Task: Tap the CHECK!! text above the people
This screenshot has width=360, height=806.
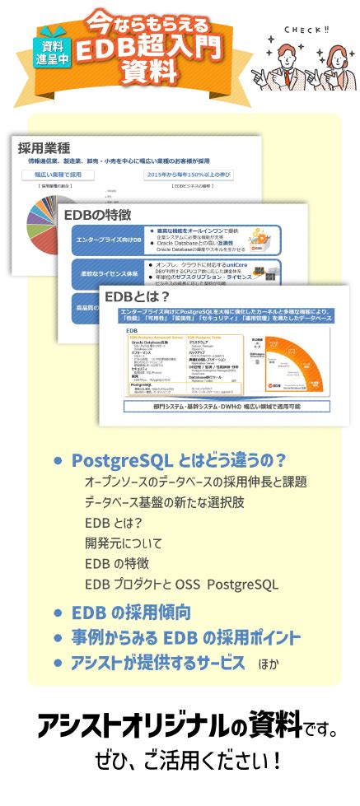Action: (x=306, y=30)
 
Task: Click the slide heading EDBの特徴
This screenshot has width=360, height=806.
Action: (x=97, y=215)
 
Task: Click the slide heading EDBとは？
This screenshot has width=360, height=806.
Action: (x=137, y=296)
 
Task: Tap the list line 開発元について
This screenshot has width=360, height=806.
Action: (x=123, y=543)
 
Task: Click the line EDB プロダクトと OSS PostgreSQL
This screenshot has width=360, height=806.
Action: (x=181, y=585)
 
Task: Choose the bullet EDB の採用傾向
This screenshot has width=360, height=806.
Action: (x=131, y=613)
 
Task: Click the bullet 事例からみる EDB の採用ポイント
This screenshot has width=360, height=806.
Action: (x=185, y=638)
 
